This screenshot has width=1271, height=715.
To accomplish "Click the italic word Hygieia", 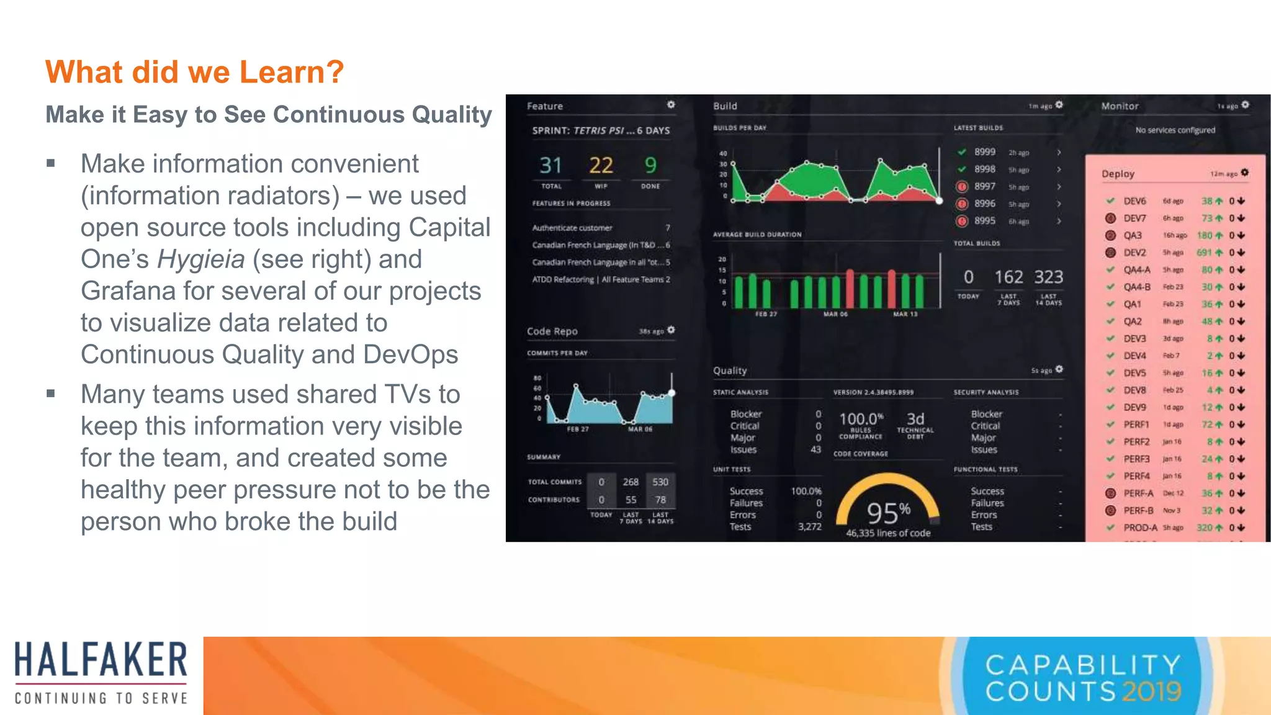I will (x=200, y=259).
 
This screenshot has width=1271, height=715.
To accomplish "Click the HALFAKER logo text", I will (x=101, y=660).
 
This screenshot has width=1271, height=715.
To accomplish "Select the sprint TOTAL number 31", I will (x=550, y=166).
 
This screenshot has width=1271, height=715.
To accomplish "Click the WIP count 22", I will (x=601, y=166).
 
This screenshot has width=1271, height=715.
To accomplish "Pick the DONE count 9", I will (x=650, y=166).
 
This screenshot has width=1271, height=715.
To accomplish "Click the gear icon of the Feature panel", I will (x=671, y=105).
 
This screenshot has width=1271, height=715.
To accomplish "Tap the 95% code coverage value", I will (x=888, y=513).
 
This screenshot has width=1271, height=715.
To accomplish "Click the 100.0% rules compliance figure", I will (x=861, y=419).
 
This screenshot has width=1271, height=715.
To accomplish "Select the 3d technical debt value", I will (x=915, y=419).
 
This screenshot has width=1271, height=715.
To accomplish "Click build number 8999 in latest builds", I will (x=984, y=152).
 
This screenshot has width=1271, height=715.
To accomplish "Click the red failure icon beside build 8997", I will (x=962, y=186).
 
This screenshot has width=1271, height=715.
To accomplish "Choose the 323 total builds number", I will (x=1048, y=277).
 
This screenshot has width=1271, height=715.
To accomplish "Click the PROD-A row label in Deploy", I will (x=1140, y=528).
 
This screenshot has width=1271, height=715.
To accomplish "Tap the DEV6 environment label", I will (x=1134, y=201).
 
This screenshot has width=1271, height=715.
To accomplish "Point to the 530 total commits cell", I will (x=660, y=482).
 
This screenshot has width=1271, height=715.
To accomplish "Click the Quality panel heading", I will (x=730, y=371).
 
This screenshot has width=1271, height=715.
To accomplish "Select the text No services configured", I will (x=1175, y=130).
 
